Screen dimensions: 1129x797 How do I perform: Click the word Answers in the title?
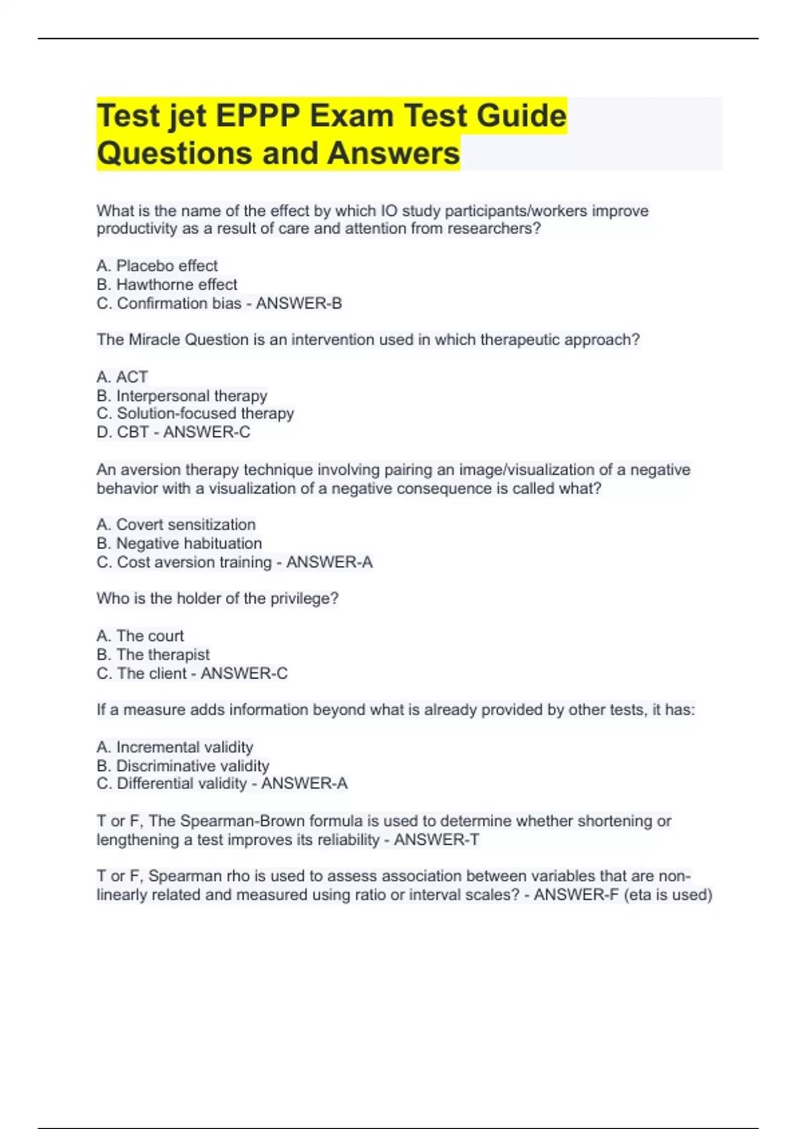(x=393, y=153)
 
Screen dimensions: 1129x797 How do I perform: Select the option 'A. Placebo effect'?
(x=157, y=266)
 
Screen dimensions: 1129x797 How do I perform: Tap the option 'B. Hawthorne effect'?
(x=167, y=284)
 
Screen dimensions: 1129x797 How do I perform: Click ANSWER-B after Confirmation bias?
(x=299, y=304)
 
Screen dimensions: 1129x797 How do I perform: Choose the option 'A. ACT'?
(x=122, y=377)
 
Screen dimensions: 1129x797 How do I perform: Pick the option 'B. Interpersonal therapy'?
(x=182, y=396)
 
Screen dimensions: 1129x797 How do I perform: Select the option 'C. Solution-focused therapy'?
(x=195, y=413)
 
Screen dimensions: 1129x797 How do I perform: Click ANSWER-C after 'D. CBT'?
(x=207, y=432)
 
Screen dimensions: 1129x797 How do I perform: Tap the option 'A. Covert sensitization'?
(x=176, y=524)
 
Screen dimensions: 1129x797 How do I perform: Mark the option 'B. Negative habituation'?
(x=179, y=543)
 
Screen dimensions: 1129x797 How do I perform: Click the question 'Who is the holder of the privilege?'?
(x=217, y=598)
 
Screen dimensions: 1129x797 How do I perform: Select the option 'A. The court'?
(x=140, y=636)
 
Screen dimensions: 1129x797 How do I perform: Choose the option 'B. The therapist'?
(x=153, y=654)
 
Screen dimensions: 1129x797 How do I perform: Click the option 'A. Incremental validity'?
(x=175, y=747)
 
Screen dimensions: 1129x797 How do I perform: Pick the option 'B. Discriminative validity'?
(x=183, y=766)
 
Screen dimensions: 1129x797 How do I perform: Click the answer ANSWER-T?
(x=436, y=839)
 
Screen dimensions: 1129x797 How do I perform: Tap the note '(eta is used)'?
(x=667, y=895)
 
